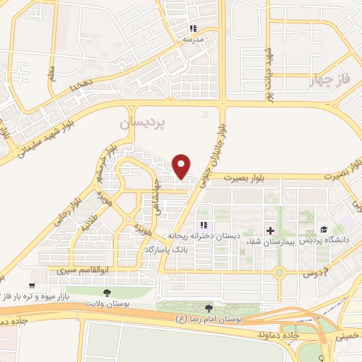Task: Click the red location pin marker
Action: (x=182, y=165)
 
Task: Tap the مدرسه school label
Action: (x=194, y=40)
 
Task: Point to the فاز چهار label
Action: (x=330, y=81)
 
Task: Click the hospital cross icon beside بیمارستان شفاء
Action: (x=270, y=230)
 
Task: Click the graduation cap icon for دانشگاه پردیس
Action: (x=323, y=230)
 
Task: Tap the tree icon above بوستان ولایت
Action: (x=107, y=291)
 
